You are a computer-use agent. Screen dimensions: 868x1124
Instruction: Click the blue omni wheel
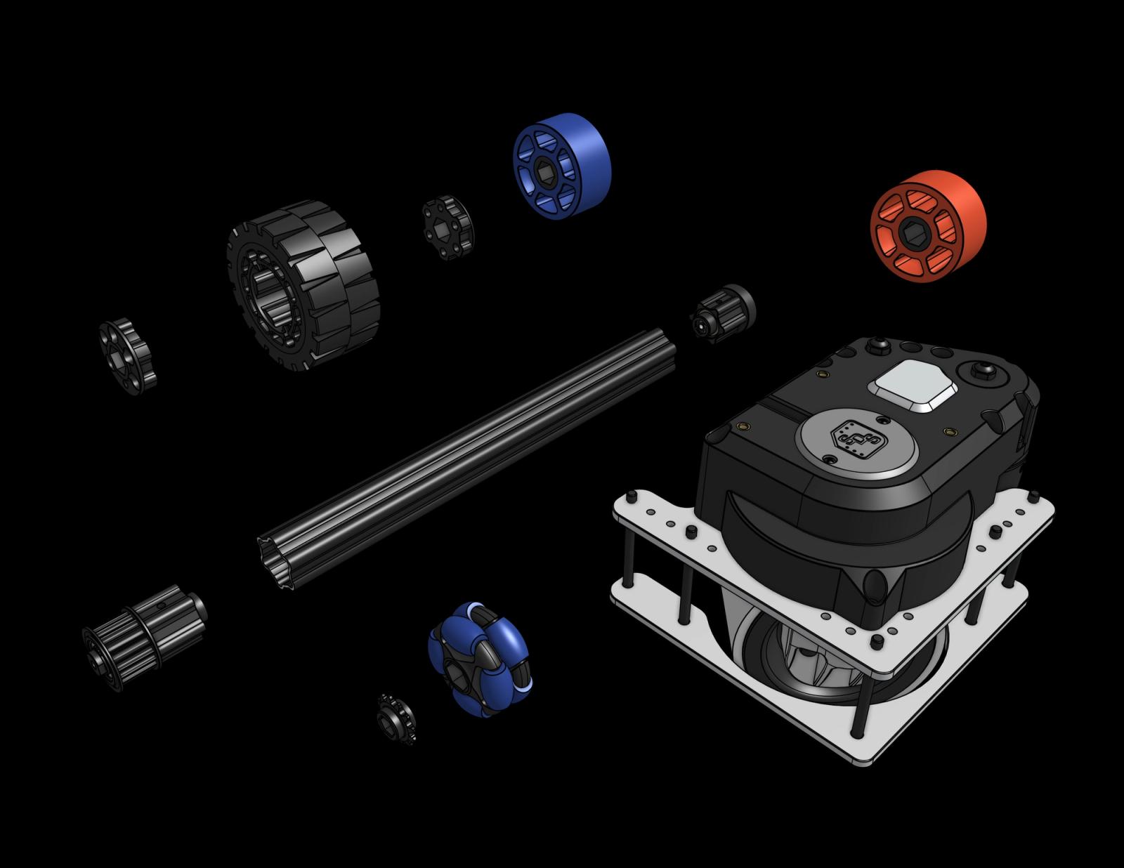click(480, 657)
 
